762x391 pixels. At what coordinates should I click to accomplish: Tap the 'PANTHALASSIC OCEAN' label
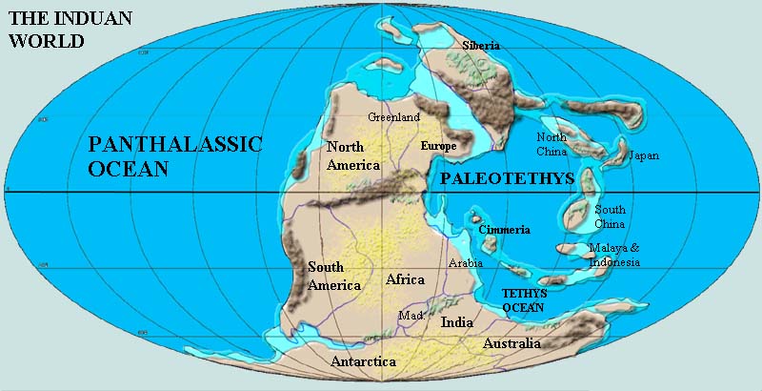tap(174, 156)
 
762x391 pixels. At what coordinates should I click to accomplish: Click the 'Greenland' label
tap(394, 117)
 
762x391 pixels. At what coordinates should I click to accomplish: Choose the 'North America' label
tap(352, 155)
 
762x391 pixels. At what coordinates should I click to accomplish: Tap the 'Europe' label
tap(438, 147)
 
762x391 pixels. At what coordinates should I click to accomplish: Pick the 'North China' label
tap(551, 144)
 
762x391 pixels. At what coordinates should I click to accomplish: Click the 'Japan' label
tap(644, 155)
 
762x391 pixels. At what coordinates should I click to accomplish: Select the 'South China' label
tap(610, 216)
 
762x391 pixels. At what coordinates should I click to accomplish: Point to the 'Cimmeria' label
tap(505, 230)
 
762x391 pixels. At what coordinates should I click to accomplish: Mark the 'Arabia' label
tap(466, 262)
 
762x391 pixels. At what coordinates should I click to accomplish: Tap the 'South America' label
tap(333, 276)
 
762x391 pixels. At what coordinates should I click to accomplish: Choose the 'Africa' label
tap(405, 279)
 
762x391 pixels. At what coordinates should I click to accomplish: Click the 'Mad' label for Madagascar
tap(410, 316)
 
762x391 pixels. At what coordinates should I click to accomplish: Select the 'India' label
tap(457, 322)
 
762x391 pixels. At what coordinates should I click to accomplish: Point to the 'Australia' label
tap(511, 343)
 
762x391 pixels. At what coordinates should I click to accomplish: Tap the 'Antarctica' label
tap(363, 362)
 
